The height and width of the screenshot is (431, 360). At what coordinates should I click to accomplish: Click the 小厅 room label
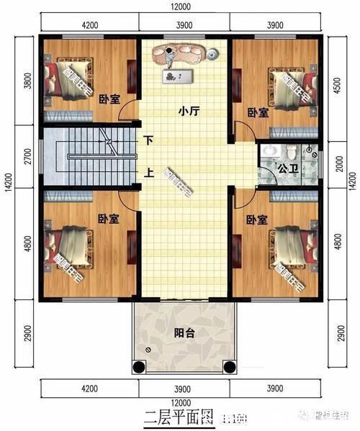pos(189,112)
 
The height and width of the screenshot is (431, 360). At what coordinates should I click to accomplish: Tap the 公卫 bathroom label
pos(288,170)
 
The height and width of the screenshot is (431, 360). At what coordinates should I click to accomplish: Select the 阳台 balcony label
pos(184,333)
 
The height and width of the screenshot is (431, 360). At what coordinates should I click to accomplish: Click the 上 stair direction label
pos(149,172)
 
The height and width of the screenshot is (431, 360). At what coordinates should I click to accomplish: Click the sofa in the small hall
pos(184,53)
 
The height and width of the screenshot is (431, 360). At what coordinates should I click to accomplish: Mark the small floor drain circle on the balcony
pos(149,350)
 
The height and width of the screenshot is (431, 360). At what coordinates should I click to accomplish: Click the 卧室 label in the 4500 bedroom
pos(257,112)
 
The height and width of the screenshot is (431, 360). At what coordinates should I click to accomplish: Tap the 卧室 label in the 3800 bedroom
pos(109,100)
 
